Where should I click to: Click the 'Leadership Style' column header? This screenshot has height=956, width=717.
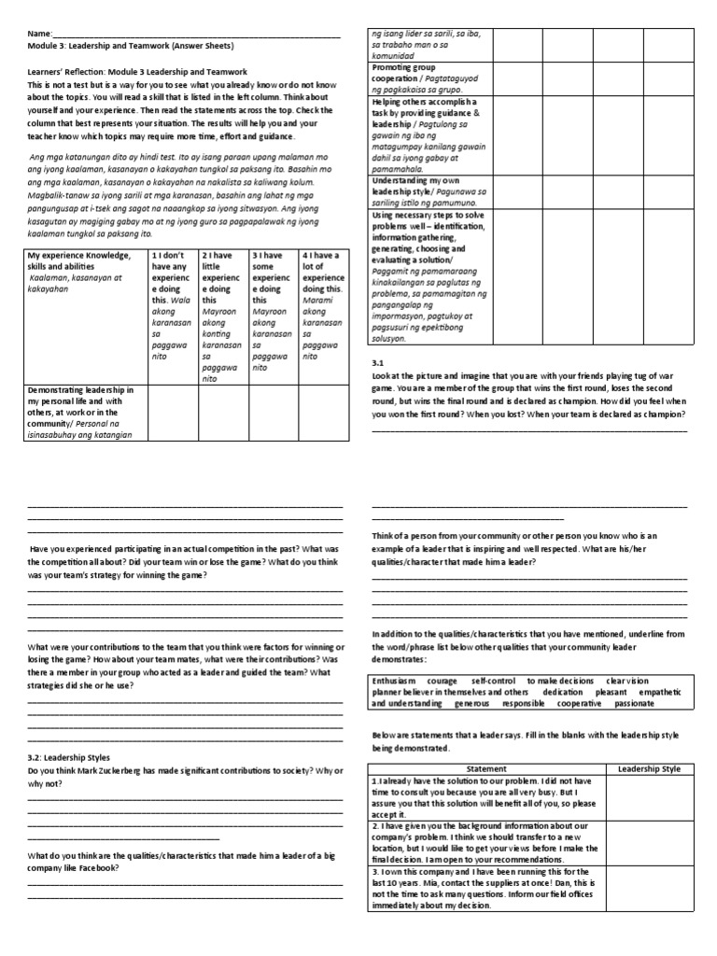tap(650, 768)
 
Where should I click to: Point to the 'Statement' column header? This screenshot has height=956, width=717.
tap(485, 768)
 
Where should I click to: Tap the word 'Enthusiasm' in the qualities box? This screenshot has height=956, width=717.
tap(397, 681)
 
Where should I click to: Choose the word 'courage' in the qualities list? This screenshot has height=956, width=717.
tap(449, 681)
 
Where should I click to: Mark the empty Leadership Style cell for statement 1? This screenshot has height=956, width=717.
tap(650, 797)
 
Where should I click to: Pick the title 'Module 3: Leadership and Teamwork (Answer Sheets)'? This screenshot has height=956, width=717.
tap(131, 45)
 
